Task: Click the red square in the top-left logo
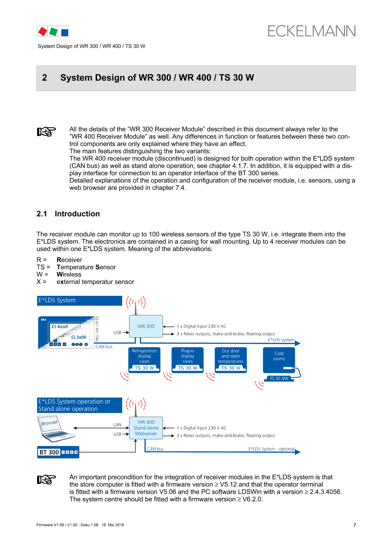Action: click(42, 31)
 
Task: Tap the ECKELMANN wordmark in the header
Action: click(311, 31)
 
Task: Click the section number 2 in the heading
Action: click(45, 78)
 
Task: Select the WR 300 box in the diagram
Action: click(146, 327)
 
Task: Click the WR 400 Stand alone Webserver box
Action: click(146, 428)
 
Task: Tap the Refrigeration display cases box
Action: click(144, 356)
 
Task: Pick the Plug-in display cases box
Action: click(188, 356)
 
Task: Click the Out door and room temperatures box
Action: click(231, 356)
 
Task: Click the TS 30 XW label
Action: click(279, 379)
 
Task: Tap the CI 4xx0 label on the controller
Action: click(59, 327)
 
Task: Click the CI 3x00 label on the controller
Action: click(79, 336)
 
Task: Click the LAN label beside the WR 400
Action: click(117, 425)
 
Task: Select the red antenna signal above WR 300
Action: click(135, 302)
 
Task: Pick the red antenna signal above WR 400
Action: click(135, 404)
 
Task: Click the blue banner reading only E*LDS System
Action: click(79, 301)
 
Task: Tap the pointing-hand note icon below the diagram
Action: click(46, 480)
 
